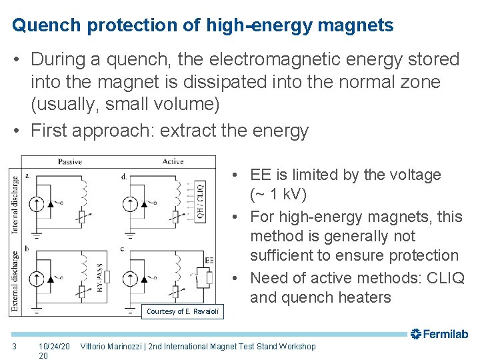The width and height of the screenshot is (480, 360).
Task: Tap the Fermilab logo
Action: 439,334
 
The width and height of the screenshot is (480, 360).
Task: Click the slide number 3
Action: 14,346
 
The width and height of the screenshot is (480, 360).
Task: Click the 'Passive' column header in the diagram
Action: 70,161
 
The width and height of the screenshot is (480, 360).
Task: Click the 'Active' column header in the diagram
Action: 173,161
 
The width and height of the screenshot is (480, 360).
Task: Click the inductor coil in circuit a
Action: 84,192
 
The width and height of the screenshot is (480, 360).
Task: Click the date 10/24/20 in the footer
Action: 54,346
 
